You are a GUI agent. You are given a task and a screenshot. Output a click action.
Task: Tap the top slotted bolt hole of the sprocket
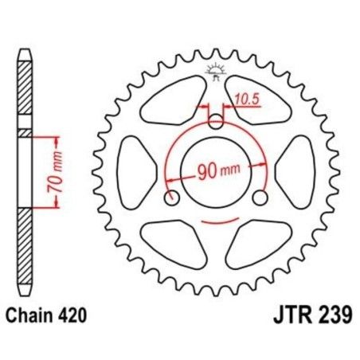pyautogui.click(x=216, y=119)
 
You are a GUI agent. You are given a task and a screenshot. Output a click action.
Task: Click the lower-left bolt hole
pyautogui.click(x=170, y=198)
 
